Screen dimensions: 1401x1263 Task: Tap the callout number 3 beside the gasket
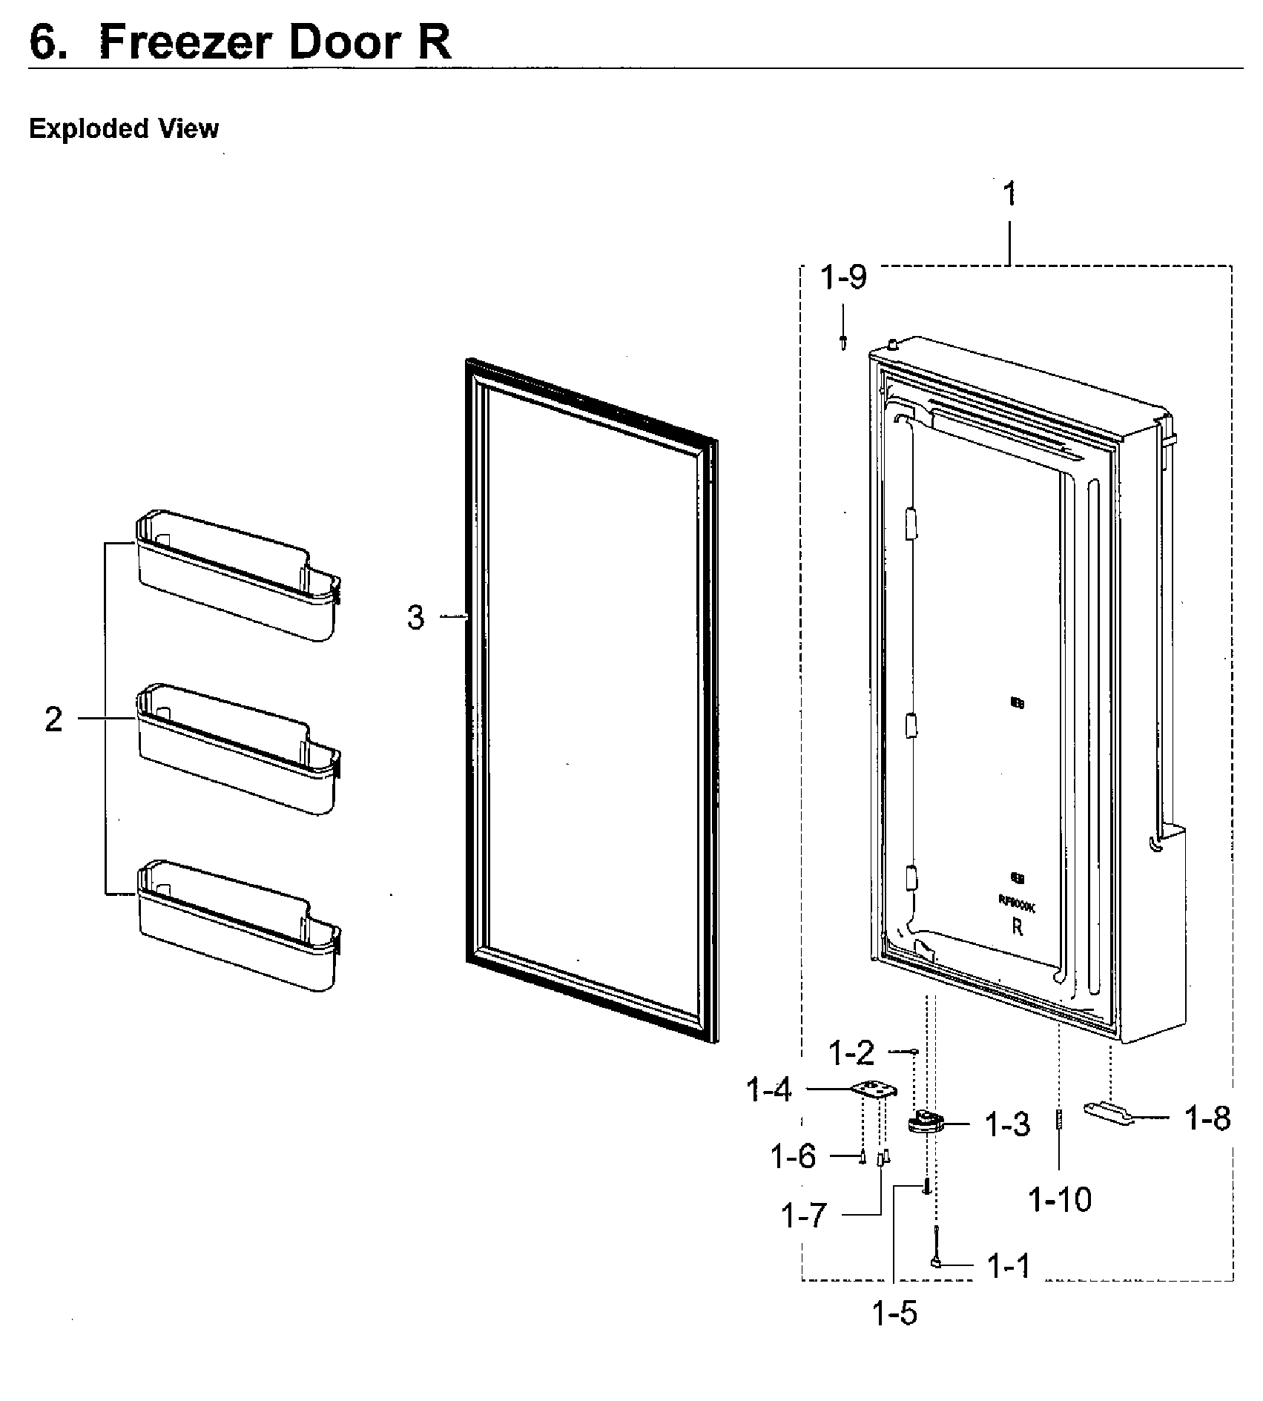(415, 617)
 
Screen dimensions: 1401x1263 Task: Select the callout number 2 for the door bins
(53, 719)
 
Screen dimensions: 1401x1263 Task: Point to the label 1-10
(1060, 1199)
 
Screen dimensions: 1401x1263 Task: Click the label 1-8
(1207, 1118)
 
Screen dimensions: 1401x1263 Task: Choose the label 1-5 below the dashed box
(894, 1313)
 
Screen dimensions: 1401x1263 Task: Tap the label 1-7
(803, 1216)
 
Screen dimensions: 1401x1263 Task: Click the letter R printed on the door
(1017, 927)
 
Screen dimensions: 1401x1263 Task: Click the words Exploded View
(124, 129)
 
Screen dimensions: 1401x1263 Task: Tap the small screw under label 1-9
(843, 341)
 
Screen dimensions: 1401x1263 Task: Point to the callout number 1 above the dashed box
(1009, 194)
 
